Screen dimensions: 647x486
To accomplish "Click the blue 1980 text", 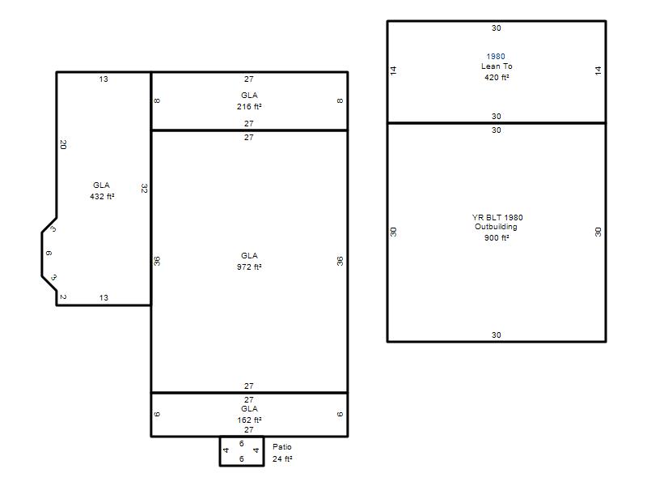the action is [x=496, y=56].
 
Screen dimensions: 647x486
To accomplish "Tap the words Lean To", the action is [x=497, y=66].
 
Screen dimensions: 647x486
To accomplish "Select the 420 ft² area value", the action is [x=497, y=77].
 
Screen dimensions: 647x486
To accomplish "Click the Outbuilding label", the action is [x=496, y=227].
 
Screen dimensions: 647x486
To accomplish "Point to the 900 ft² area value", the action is [x=497, y=237].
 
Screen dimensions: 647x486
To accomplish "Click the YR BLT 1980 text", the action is [x=497, y=217].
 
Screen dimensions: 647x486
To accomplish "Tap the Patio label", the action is [x=282, y=447].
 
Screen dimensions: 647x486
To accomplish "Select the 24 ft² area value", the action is [x=282, y=458].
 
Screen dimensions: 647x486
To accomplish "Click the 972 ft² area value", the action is [x=249, y=267].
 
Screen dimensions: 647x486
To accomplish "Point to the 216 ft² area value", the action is [x=249, y=107].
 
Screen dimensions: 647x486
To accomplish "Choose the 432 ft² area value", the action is [x=103, y=196].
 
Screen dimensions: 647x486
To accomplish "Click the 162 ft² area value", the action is [x=249, y=420].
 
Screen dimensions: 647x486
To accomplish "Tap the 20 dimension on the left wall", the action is [x=63, y=145].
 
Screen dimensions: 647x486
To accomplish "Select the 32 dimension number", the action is [x=144, y=189].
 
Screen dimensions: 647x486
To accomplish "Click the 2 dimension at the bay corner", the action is [x=63, y=296].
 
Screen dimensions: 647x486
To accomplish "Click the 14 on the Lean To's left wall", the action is [x=393, y=70].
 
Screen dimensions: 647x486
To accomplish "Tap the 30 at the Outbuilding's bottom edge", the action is [x=497, y=335].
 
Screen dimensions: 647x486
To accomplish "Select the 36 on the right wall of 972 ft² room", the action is [x=340, y=261].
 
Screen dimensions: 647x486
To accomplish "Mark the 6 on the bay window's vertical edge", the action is [x=49, y=254].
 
